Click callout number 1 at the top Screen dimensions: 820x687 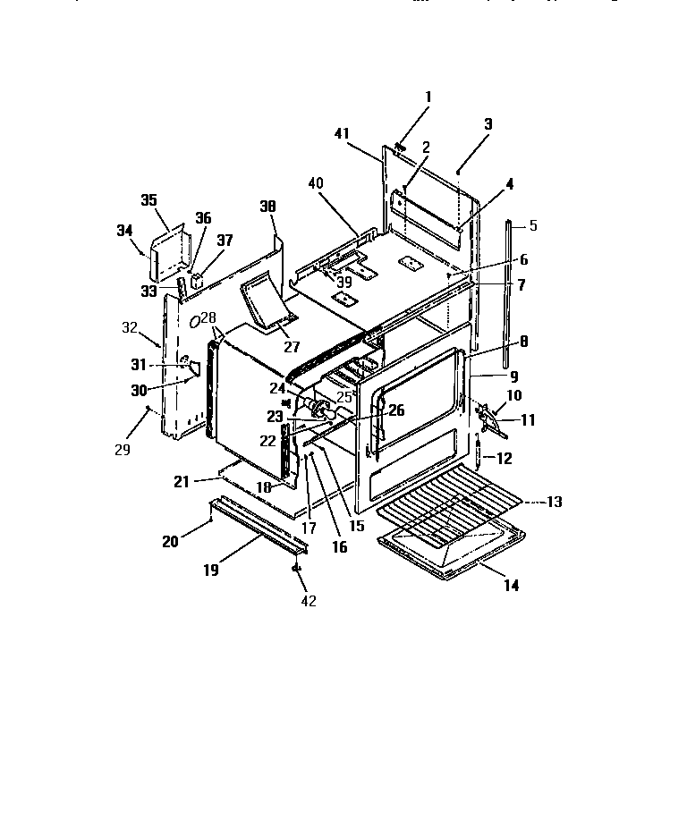[x=428, y=97]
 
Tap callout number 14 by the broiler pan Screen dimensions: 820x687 [x=510, y=587]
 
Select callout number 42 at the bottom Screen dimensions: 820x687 [x=308, y=601]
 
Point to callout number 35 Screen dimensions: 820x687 [x=148, y=199]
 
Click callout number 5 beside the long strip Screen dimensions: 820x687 [x=533, y=225]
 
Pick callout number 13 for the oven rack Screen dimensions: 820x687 [x=555, y=502]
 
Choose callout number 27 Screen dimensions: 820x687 [x=293, y=346]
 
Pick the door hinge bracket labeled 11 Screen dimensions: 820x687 [x=489, y=422]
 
